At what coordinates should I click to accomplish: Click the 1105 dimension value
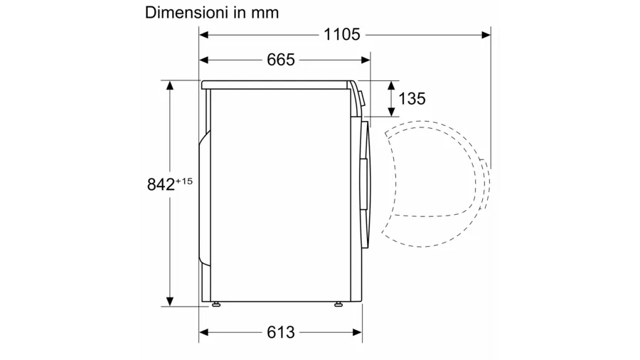click(341, 35)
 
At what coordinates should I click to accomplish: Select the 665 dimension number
click(281, 60)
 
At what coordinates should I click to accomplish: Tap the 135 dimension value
click(412, 99)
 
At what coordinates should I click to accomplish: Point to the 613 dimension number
click(281, 332)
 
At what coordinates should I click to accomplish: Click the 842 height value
click(161, 184)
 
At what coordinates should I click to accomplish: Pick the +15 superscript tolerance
click(183, 181)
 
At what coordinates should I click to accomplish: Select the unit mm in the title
click(265, 13)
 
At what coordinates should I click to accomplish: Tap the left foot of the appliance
click(215, 304)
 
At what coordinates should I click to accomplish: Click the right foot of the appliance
click(338, 304)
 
